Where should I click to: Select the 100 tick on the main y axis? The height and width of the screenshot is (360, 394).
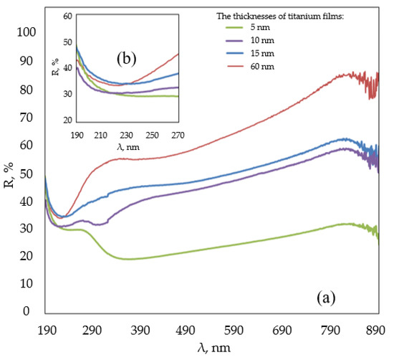[27, 32]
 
